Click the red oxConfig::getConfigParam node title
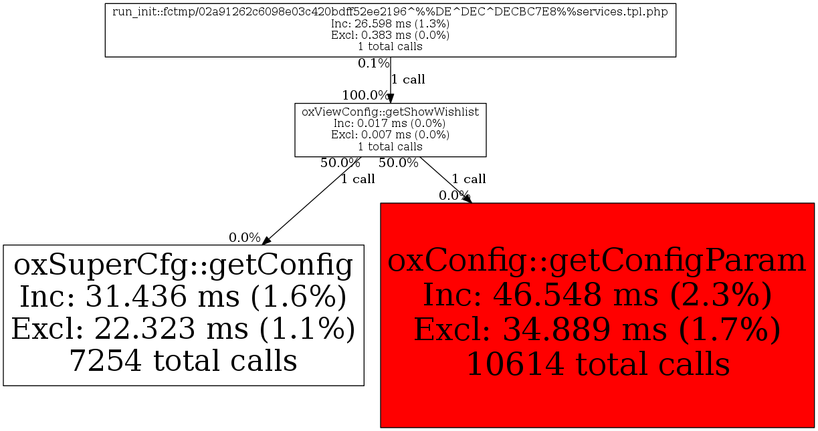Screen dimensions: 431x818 click(597, 261)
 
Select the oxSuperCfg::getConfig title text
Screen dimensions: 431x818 click(183, 265)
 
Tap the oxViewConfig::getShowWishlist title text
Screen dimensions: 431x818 click(390, 112)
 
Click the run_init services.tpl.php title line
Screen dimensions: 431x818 click(390, 13)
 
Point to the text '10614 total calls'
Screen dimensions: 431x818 click(597, 364)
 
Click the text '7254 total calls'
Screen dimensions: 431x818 click(183, 361)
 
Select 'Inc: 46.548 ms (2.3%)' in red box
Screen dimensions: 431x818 click(597, 295)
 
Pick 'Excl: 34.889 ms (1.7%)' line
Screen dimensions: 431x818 click(597, 329)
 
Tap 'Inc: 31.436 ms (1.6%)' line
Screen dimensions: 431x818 click(183, 297)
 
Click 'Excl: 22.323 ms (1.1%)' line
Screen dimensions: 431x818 click(183, 329)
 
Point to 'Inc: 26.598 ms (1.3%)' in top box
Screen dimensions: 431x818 click(390, 24)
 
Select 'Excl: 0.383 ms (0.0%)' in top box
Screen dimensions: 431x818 click(390, 35)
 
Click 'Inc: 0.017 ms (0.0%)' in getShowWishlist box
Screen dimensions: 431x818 click(390, 124)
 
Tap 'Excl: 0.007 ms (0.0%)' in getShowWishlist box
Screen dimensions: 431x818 click(390, 135)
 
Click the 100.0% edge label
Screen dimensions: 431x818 click(365, 96)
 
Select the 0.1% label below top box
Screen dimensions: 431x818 click(373, 63)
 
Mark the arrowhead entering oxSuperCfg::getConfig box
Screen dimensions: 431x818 click(266, 241)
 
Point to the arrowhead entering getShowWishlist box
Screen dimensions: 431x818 click(391, 98)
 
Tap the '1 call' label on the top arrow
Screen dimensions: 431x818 click(408, 80)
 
